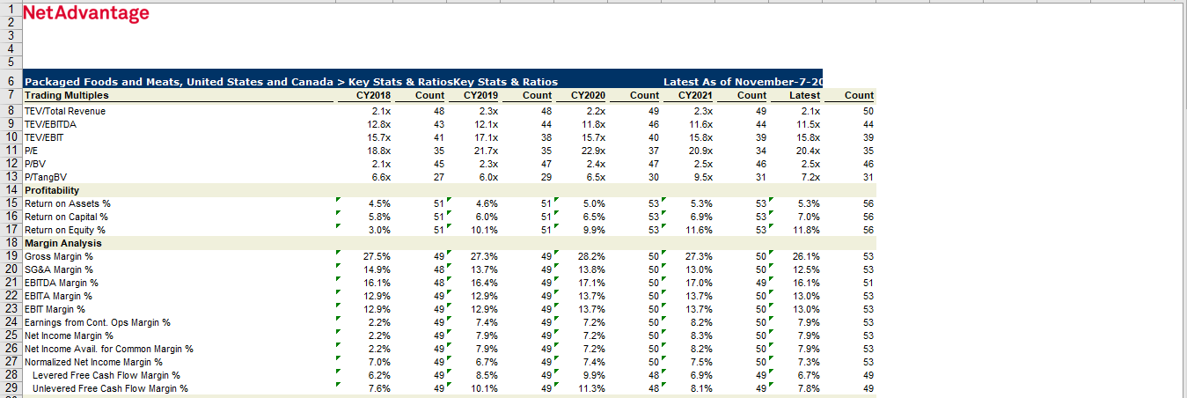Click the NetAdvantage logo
click(86, 13)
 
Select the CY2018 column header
click(373, 95)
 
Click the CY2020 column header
click(588, 95)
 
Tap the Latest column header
click(804, 95)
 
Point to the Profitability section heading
click(52, 190)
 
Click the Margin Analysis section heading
click(63, 243)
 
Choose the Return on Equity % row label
click(65, 230)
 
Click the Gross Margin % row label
click(59, 256)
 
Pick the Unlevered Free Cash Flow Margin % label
click(110, 388)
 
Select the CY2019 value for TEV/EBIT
click(486, 137)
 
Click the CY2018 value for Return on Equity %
click(379, 230)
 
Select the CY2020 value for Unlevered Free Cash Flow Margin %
click(592, 388)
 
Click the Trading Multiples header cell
click(67, 95)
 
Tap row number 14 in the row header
click(11, 190)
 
